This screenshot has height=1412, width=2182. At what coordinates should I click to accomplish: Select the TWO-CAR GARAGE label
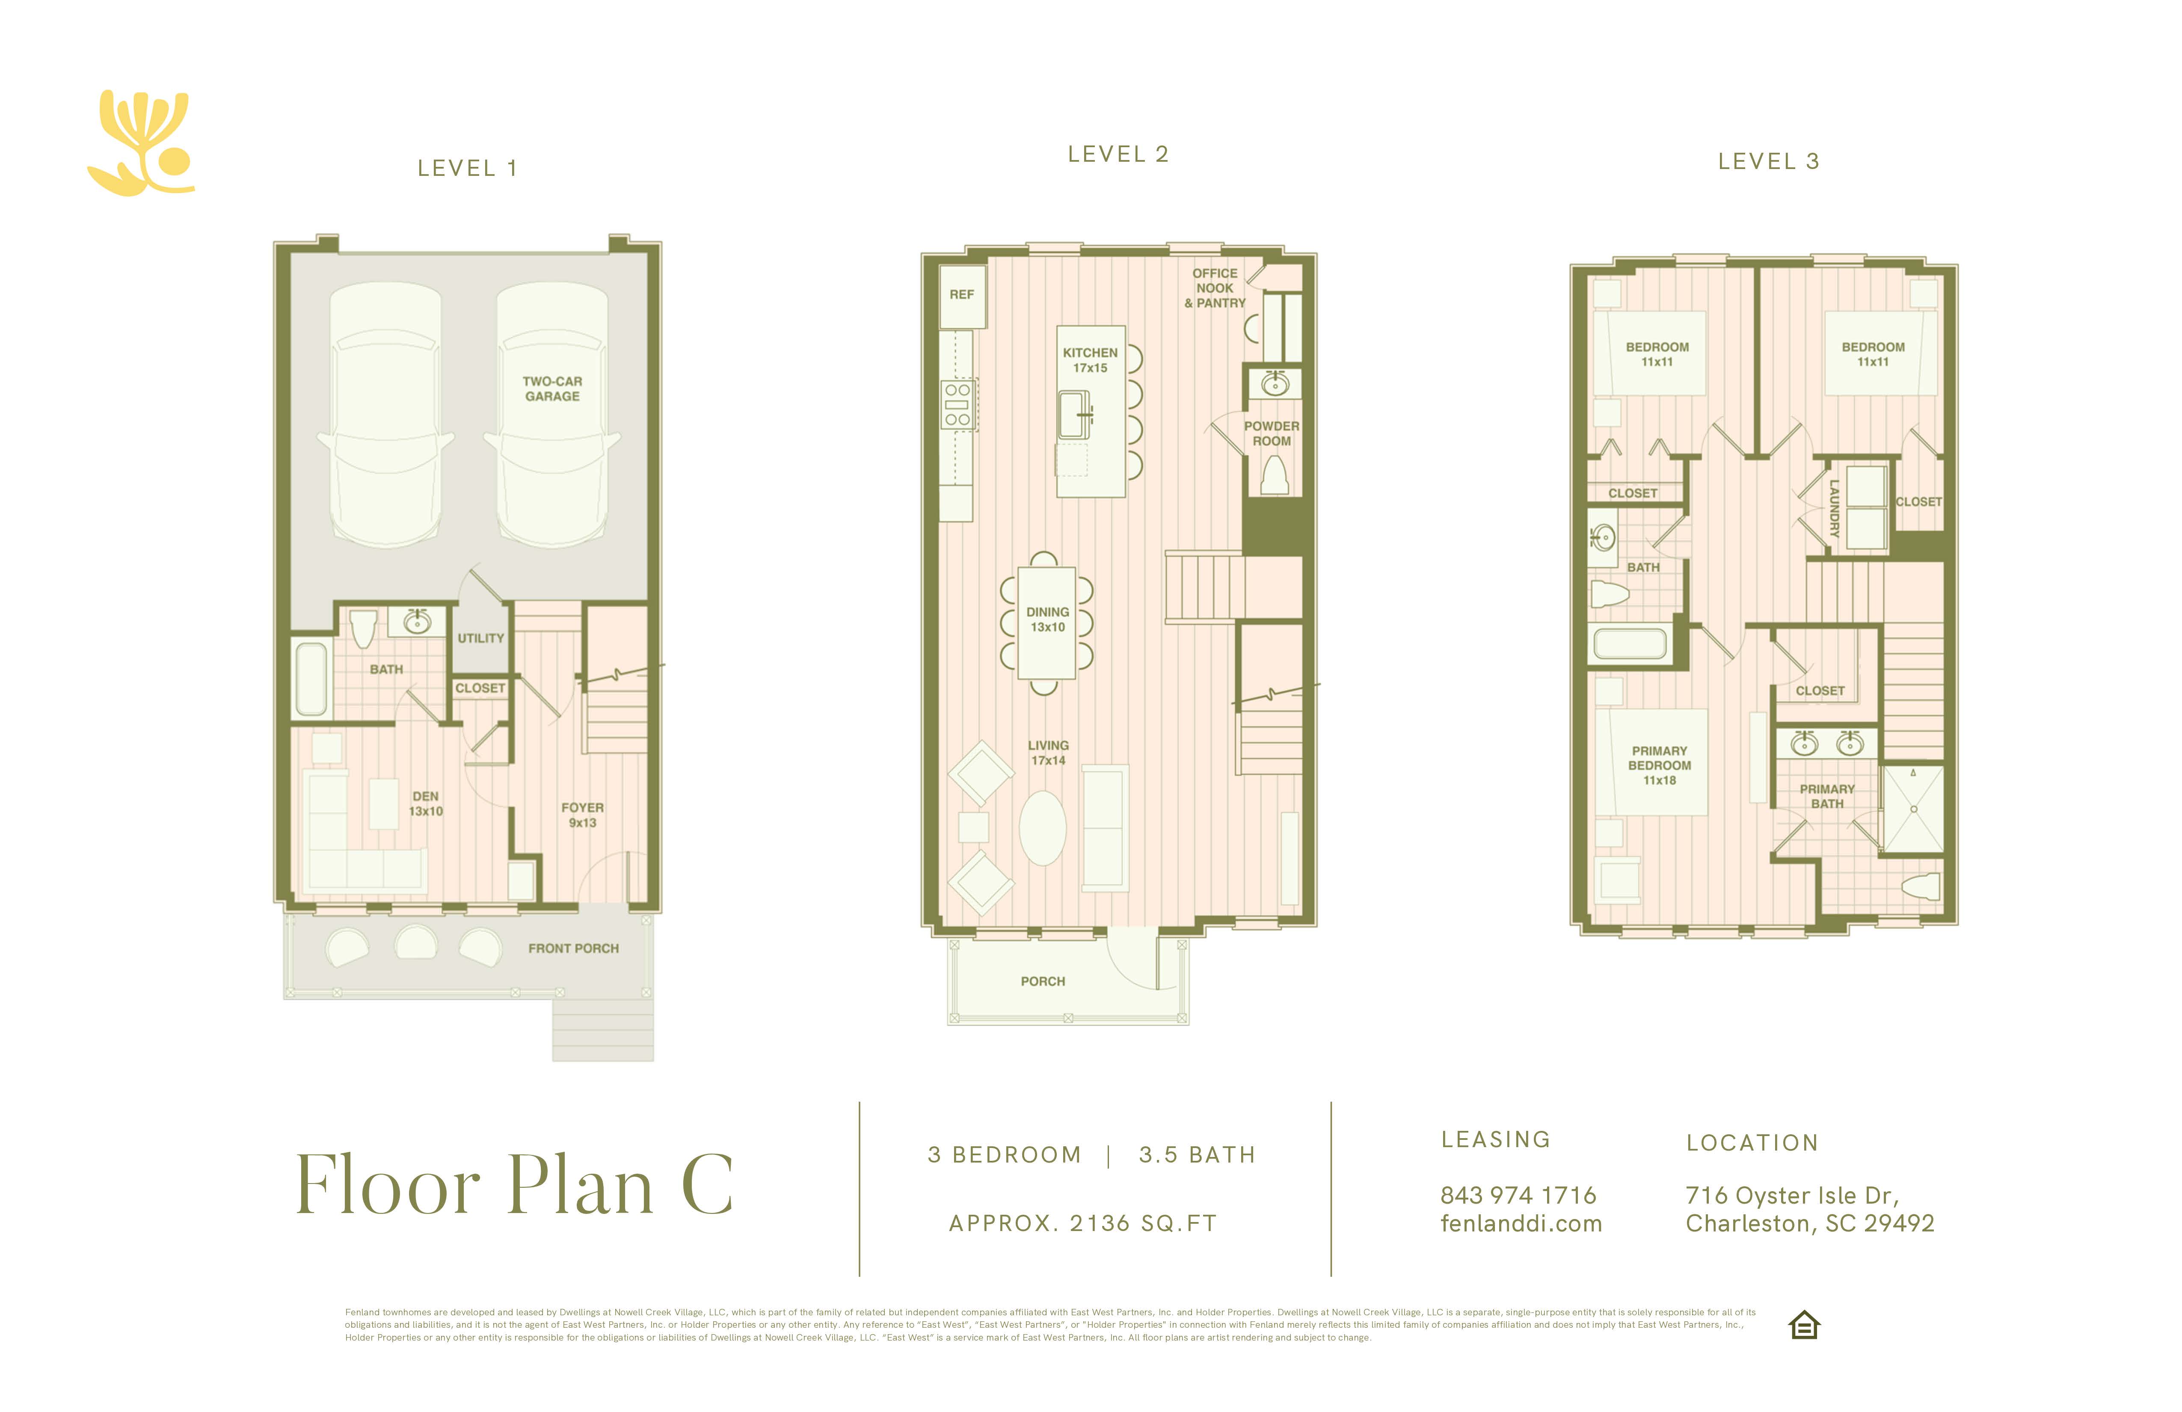click(552, 389)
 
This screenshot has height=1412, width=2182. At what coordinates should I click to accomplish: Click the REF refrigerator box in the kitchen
click(962, 295)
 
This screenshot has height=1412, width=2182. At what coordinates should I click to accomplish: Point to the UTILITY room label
click(480, 638)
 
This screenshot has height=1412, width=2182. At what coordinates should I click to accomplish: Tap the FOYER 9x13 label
click(582, 815)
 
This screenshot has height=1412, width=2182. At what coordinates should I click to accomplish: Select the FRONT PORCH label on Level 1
click(573, 948)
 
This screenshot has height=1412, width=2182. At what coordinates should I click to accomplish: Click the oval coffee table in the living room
click(1042, 828)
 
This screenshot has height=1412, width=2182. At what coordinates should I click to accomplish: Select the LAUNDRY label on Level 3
click(1834, 508)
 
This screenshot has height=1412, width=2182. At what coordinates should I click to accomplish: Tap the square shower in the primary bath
click(1912, 809)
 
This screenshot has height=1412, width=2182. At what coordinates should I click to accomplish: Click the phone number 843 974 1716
click(1518, 1195)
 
